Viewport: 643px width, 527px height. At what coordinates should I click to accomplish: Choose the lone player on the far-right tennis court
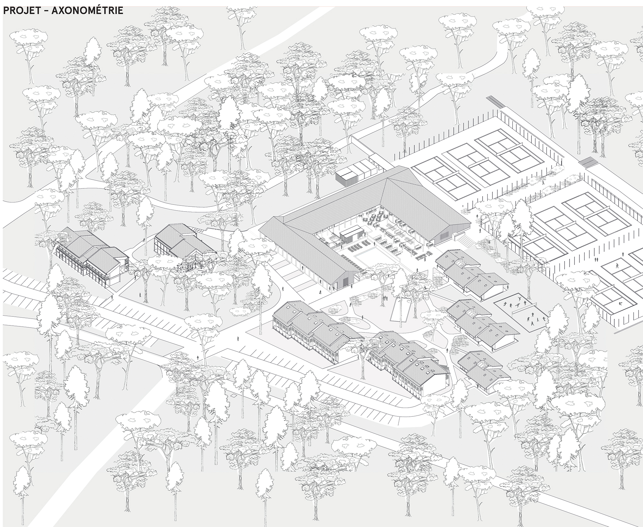coord(617,266)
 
